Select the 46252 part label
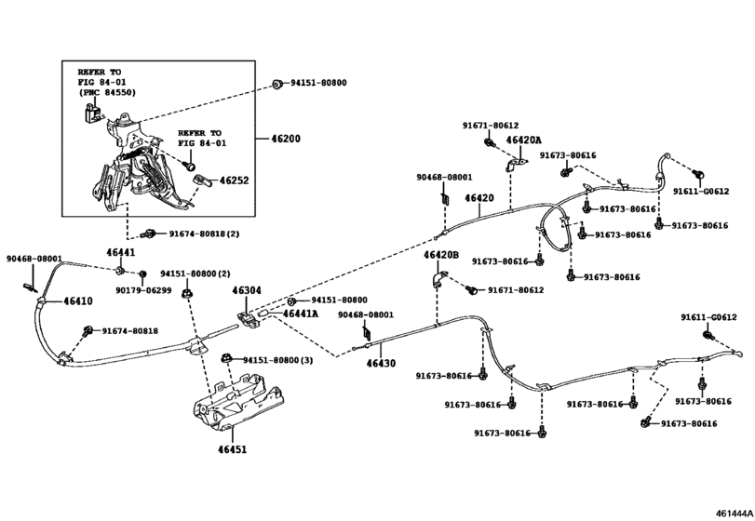pyautogui.click(x=234, y=180)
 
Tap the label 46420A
pyautogui.click(x=523, y=140)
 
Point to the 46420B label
pyautogui.click(x=441, y=255)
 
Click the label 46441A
pyautogui.click(x=301, y=314)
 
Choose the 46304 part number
pyautogui.click(x=247, y=290)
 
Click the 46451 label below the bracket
pyautogui.click(x=232, y=449)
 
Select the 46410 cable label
pyautogui.click(x=78, y=301)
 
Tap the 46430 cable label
pyautogui.click(x=381, y=363)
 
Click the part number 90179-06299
pyautogui.click(x=143, y=290)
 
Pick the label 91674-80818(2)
pyautogui.click(x=204, y=234)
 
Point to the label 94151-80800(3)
pyautogui.click(x=277, y=360)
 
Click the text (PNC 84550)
pyautogui.click(x=107, y=92)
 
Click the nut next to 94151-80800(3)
pyautogui.click(x=225, y=358)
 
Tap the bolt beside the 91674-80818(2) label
pyautogui.click(x=147, y=234)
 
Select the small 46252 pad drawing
pyautogui.click(x=201, y=180)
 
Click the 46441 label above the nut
pyautogui.click(x=120, y=252)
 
